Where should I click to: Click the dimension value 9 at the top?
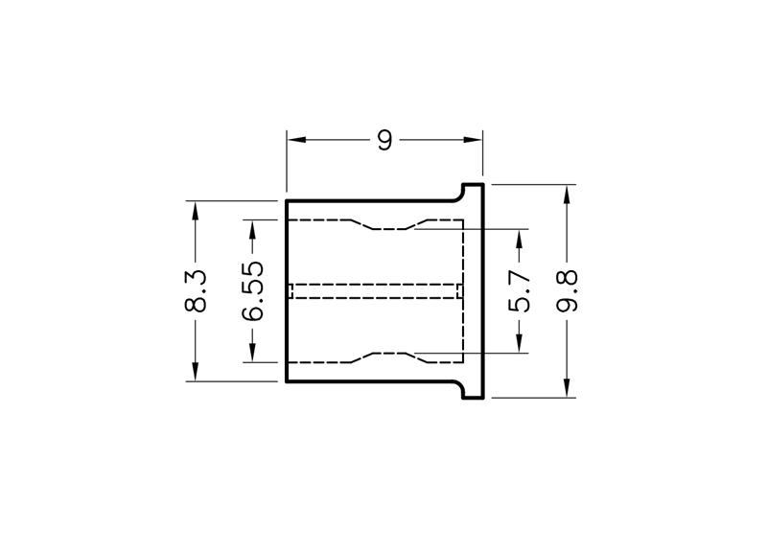[385, 140]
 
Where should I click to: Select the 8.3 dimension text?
[196, 291]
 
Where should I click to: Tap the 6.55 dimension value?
[252, 291]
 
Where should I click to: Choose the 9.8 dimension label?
[567, 291]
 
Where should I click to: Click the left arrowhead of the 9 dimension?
[297, 140]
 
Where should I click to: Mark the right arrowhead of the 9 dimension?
[473, 140]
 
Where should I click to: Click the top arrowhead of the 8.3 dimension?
[196, 211]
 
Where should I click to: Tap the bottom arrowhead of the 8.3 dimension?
[196, 371]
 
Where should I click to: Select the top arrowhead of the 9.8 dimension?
[567, 195]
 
